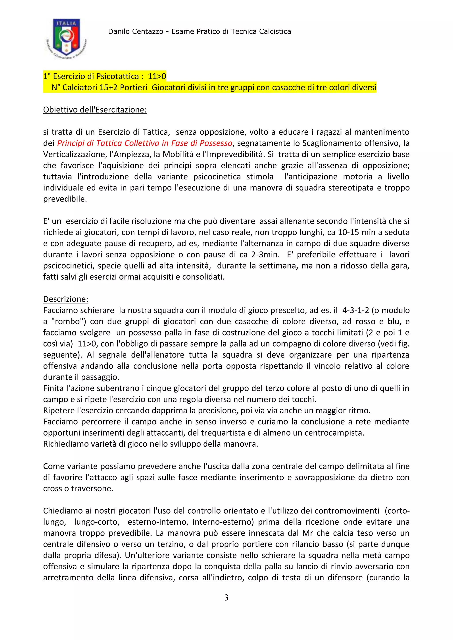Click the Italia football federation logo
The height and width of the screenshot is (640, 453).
66,38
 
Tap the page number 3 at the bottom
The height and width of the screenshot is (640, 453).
226,597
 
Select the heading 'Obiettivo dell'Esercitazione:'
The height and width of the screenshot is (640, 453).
95,110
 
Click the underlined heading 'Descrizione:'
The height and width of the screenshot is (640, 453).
65,299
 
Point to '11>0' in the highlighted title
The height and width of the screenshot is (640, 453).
157,76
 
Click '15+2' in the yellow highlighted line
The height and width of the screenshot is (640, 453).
109,88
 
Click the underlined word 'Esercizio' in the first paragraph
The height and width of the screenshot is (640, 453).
114,132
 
